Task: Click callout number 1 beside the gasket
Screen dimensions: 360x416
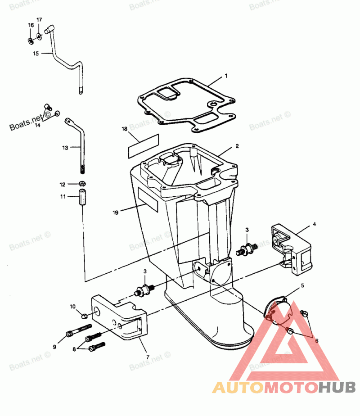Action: click(226, 76)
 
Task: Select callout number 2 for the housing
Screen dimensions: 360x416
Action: click(237, 146)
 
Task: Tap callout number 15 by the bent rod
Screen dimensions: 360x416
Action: click(36, 54)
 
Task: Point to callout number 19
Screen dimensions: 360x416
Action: click(116, 212)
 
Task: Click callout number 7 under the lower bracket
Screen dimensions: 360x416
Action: click(147, 357)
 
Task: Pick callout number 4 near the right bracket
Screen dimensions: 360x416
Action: click(315, 223)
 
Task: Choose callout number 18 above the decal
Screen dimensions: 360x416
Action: click(125, 129)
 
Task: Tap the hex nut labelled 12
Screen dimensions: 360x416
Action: click(82, 184)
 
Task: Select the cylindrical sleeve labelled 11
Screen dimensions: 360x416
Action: click(82, 199)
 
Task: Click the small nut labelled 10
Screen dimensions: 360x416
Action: click(85, 313)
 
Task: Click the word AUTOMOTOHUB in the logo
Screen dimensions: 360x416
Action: click(284, 387)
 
